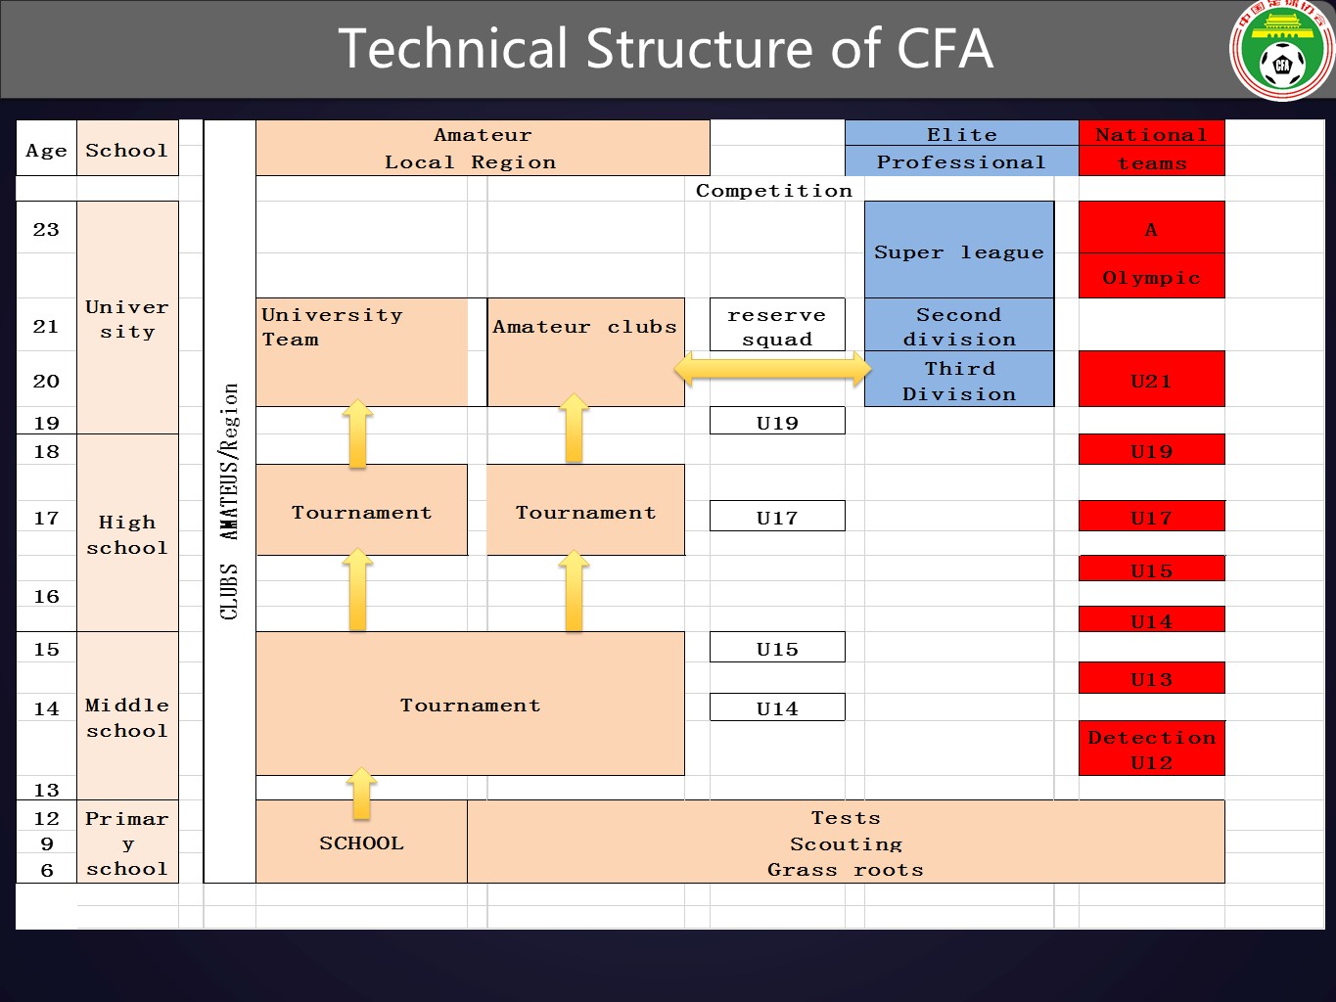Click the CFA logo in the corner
1281,51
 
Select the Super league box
958,250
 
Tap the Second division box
958,326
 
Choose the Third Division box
958,381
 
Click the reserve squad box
776,326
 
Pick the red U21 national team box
1151,380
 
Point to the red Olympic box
1151,277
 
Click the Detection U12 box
1151,750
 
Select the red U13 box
1151,678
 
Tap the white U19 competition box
776,422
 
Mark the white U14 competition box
776,707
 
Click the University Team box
361,351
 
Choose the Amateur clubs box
584,351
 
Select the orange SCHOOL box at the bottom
361,843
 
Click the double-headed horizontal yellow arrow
772,369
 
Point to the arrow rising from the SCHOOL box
361,793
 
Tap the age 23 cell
46,229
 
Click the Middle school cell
127,716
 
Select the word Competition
773,190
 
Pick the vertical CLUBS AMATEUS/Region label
229,501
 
